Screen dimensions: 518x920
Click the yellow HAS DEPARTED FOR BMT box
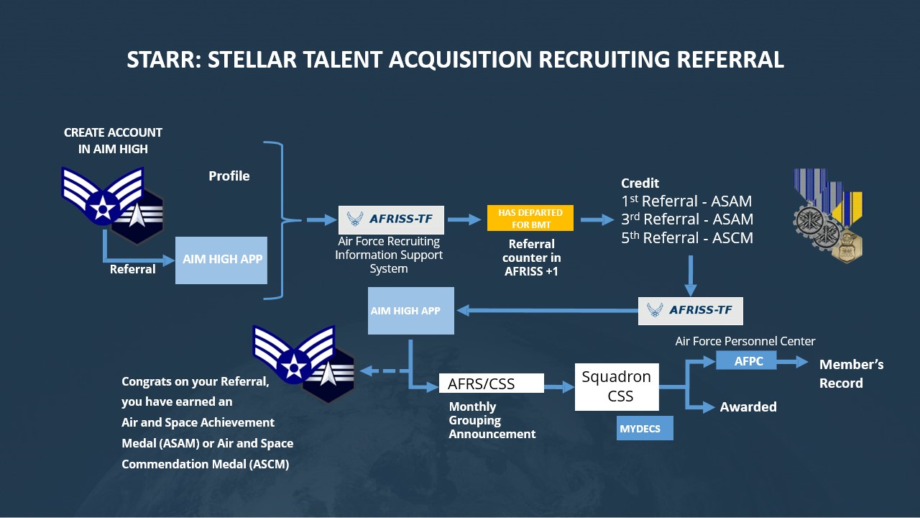[x=530, y=218]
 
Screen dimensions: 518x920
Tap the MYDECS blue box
[x=645, y=428]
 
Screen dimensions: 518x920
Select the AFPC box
[x=747, y=361]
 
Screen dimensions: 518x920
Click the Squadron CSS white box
[x=617, y=386]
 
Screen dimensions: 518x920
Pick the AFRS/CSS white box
[x=491, y=384]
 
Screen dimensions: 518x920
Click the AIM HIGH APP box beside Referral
[x=221, y=260]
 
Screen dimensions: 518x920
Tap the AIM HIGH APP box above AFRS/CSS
[x=410, y=311]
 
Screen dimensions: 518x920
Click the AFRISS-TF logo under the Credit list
[x=690, y=310]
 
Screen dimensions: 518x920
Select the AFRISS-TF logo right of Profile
[x=391, y=219]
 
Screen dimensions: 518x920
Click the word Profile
[x=229, y=176]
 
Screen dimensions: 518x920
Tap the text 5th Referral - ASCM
[x=687, y=238]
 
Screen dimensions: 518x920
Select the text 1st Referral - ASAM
[x=687, y=201]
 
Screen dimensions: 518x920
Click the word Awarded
[x=748, y=407]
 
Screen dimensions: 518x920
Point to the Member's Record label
[x=851, y=373]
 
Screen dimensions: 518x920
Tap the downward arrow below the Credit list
[x=690, y=275]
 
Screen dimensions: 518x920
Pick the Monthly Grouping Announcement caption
[x=492, y=420]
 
